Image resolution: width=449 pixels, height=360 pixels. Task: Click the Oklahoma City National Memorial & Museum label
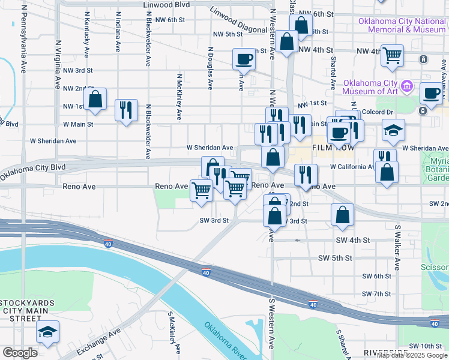(x=402, y=25)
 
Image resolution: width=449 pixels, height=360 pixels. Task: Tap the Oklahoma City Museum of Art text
(x=370, y=87)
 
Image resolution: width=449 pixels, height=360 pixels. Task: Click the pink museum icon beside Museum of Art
(x=408, y=86)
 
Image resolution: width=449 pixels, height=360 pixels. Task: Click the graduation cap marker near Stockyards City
(x=47, y=332)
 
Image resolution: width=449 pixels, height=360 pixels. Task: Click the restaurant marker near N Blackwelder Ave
(x=126, y=110)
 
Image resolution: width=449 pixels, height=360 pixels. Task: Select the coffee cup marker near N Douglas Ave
(x=244, y=59)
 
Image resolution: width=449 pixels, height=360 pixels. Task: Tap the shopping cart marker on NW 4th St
(x=392, y=55)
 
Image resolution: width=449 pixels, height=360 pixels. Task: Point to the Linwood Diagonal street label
(x=238, y=20)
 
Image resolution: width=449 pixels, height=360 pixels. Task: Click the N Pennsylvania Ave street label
(x=24, y=36)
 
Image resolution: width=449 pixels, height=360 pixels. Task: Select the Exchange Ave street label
(x=98, y=338)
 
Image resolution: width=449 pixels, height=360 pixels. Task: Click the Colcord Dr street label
(x=378, y=111)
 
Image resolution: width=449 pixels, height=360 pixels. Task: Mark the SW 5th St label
(x=351, y=258)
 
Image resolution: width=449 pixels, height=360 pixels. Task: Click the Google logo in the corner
(x=20, y=353)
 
